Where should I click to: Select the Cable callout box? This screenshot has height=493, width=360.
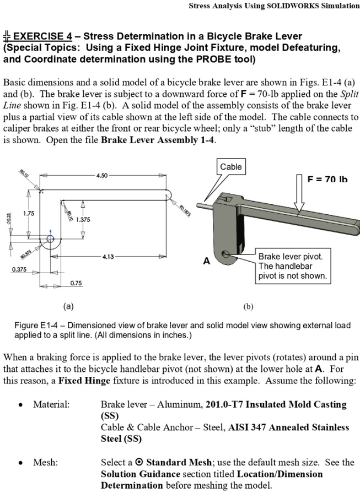[230, 166]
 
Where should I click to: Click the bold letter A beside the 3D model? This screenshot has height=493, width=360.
[206, 261]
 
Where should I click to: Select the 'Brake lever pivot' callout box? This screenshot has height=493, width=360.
[292, 266]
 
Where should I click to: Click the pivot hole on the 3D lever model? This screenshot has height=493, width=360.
[227, 254]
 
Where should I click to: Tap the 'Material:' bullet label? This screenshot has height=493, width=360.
[51, 404]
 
